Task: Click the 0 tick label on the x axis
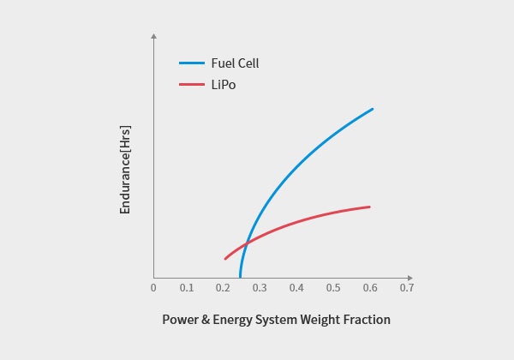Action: [x=153, y=288]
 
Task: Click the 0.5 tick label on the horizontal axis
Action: [x=333, y=288]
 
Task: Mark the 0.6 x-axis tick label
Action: [x=370, y=288]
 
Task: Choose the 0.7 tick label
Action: [x=406, y=288]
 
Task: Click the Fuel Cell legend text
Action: [x=235, y=63]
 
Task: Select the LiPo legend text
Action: [x=223, y=85]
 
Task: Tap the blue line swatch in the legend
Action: [x=191, y=63]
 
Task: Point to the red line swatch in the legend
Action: [x=191, y=85]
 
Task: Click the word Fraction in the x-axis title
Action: [x=365, y=320]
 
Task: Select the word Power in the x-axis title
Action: [x=181, y=320]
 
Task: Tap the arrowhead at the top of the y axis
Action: [x=153, y=36]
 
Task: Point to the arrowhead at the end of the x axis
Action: [x=410, y=278]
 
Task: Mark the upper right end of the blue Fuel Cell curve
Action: [x=373, y=109]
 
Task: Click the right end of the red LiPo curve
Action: [x=369, y=207]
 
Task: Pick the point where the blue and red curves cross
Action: [x=246, y=245]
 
